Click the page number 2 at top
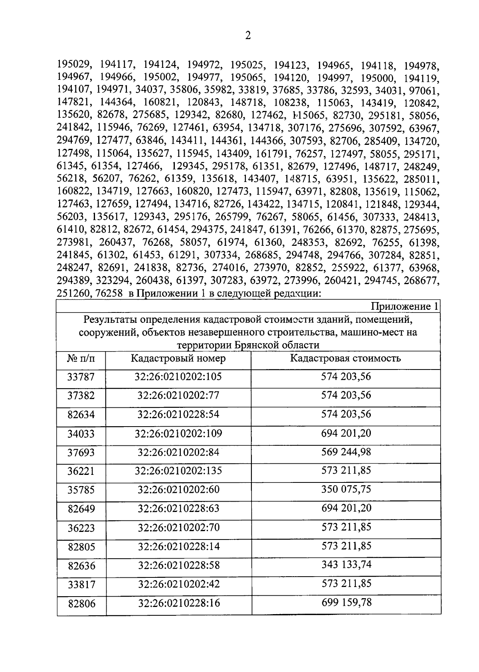tap(248, 36)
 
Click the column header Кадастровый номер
tap(178, 358)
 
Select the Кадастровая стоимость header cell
tap(345, 358)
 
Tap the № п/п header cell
tap(81, 358)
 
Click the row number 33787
tap(81, 377)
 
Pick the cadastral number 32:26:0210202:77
tap(178, 395)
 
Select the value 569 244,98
tap(346, 452)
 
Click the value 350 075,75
tap(346, 489)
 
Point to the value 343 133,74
tap(346, 565)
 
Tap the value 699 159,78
tap(346, 602)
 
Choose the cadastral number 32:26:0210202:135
tap(178, 471)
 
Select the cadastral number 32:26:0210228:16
tap(178, 603)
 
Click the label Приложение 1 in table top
tap(405, 306)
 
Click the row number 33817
tap(81, 585)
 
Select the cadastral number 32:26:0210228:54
tap(178, 414)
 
